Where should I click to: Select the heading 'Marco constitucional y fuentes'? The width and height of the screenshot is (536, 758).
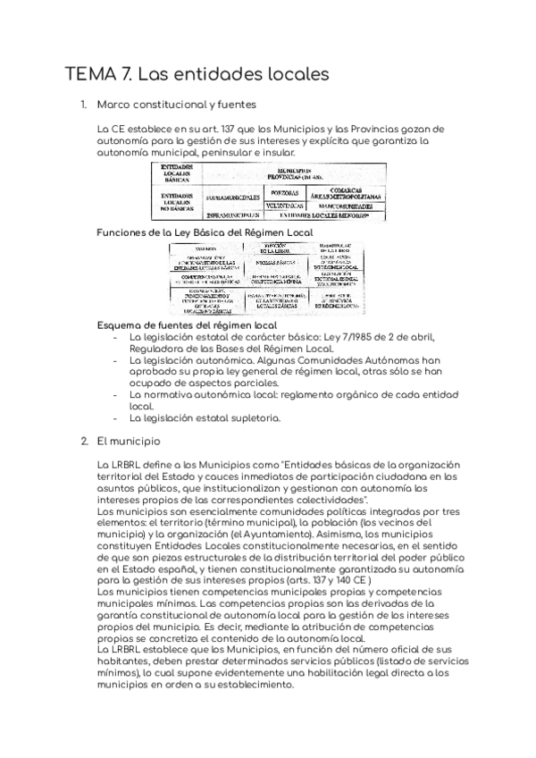177,105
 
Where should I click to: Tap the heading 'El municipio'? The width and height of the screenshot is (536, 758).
130,441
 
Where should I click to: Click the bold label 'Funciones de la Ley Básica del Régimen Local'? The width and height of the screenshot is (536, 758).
205,232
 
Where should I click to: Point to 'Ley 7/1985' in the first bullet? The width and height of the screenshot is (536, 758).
357,337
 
